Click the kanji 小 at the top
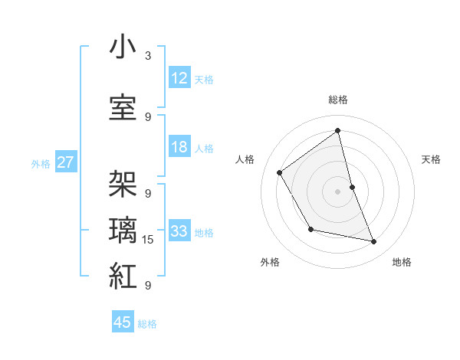coord(123,47)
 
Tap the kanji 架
coord(123,183)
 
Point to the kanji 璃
coord(123,231)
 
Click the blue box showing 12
coord(179,78)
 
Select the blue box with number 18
coord(179,147)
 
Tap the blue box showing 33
coord(179,231)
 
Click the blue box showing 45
coord(123,322)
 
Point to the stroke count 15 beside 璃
coord(148,240)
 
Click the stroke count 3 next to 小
coord(148,56)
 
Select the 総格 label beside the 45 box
coord(147,324)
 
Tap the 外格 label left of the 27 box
coord(41,163)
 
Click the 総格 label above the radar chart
coord(337,100)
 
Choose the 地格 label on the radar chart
coord(402,262)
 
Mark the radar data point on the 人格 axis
coord(280,172)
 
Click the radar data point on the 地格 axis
coord(374,242)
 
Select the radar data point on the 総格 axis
coord(337,130)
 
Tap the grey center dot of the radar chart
coord(337,191)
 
